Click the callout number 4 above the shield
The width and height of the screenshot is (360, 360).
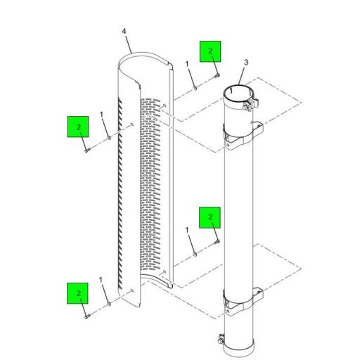click(x=124, y=31)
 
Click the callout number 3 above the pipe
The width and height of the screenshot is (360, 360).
click(x=246, y=63)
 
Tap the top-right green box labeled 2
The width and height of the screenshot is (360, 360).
click(x=210, y=51)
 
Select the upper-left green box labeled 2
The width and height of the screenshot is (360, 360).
click(x=78, y=127)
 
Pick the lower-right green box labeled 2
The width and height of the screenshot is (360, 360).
click(x=210, y=217)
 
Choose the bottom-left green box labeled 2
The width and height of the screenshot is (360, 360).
click(x=77, y=293)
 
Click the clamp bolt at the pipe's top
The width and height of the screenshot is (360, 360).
click(x=245, y=108)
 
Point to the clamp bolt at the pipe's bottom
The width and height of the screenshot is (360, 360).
click(x=220, y=340)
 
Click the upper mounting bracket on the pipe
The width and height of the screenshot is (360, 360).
click(x=244, y=136)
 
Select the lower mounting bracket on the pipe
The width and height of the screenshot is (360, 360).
click(x=244, y=302)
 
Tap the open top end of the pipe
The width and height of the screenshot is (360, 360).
click(x=237, y=94)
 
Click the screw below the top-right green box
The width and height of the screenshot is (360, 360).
click(x=217, y=75)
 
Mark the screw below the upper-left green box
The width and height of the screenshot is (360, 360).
click(x=87, y=150)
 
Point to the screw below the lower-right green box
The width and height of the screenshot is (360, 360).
click(x=217, y=242)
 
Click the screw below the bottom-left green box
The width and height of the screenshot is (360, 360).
click(x=87, y=316)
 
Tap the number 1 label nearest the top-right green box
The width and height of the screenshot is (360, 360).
click(x=187, y=64)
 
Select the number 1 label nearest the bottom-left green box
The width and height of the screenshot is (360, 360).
click(x=101, y=280)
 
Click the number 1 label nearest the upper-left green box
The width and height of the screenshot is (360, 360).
click(x=101, y=115)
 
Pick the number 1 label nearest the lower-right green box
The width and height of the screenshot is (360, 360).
click(x=187, y=230)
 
